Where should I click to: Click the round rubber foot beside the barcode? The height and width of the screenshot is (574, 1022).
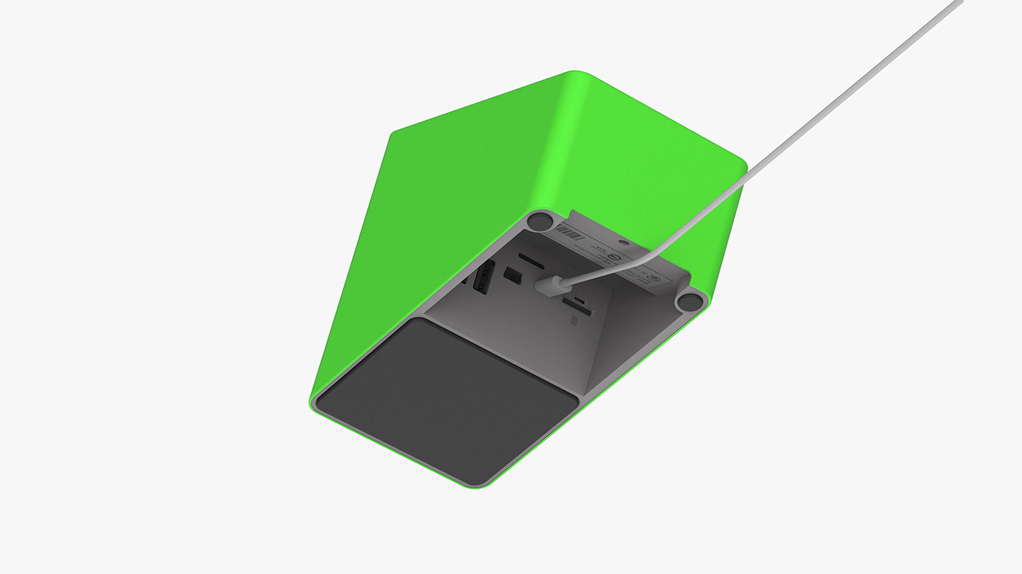541,220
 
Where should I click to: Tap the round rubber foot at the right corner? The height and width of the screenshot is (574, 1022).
689,300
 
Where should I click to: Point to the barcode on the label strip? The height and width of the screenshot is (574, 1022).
569,236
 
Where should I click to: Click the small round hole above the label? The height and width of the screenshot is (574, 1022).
623,241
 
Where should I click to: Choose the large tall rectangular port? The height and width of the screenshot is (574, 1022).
483,278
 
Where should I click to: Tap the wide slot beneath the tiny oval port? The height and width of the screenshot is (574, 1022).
582,312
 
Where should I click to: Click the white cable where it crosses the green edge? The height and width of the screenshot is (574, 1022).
746,175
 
